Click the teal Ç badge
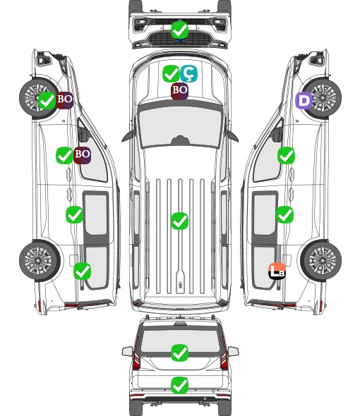189,73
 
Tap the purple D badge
304,101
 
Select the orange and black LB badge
277,271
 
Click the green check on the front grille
180,30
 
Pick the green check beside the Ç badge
171,73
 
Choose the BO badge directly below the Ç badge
179,91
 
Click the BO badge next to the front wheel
64,100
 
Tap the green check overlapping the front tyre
47,101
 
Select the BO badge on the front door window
83,155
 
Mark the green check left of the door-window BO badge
64,155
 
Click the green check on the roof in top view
180,221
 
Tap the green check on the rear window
180,353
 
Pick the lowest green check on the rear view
180,385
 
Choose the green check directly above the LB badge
285,214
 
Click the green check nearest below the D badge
286,155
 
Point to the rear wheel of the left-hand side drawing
40,260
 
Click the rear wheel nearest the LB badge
321,260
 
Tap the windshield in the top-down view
180,126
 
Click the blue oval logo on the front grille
180,41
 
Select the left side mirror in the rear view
127,351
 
